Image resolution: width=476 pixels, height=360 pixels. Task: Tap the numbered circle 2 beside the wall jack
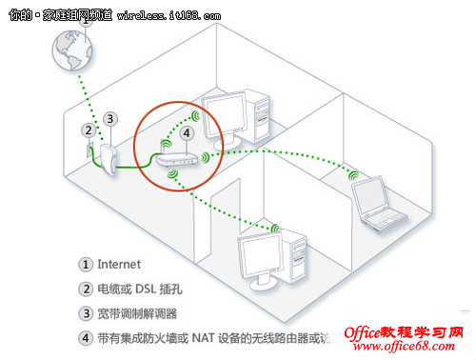click(88, 129)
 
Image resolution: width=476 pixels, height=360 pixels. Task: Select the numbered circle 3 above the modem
click(111, 118)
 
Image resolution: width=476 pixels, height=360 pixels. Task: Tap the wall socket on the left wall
click(89, 150)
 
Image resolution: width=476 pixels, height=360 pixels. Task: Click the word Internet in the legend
click(119, 264)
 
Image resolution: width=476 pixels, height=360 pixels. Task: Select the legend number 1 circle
click(86, 264)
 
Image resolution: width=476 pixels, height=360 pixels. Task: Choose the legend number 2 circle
click(86, 289)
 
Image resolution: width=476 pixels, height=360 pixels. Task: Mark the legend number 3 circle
click(86, 312)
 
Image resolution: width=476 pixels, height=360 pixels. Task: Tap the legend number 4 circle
click(86, 337)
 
